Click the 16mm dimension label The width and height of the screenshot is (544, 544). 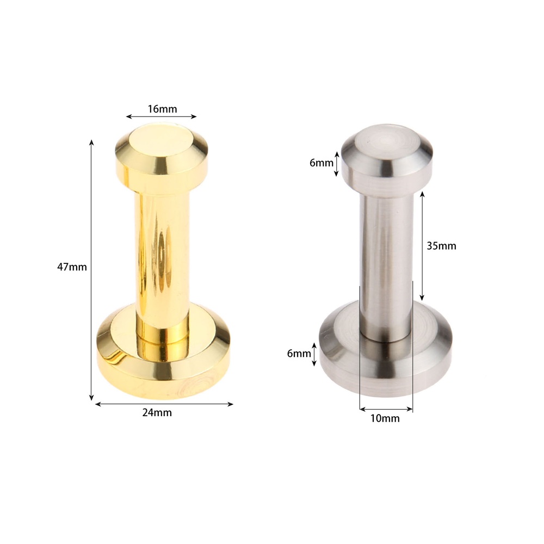tap(162, 109)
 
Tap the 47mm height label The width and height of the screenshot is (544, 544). tap(72, 267)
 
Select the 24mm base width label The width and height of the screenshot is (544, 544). tap(157, 412)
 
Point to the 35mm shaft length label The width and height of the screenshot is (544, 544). tap(441, 246)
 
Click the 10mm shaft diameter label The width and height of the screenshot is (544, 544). tap(385, 418)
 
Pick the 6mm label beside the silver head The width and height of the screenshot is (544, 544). tap(322, 163)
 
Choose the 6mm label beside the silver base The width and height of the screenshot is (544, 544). tap(299, 354)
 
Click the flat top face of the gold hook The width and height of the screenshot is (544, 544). tap(162, 142)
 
